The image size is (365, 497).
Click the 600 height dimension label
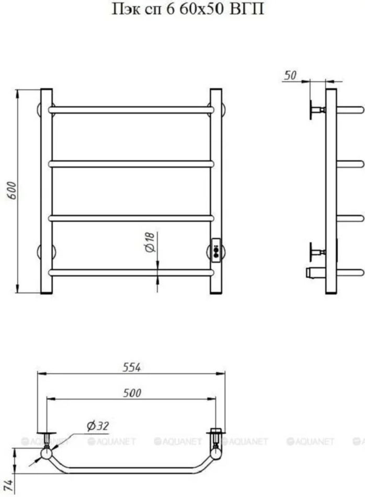(12, 190)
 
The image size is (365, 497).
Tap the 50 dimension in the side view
(290, 75)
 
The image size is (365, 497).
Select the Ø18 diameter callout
(150, 242)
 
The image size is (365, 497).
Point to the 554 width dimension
(131, 367)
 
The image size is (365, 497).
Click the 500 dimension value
(132, 393)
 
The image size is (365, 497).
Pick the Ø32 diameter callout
(98, 426)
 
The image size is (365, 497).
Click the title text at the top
(188, 9)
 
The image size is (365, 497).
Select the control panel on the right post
(216, 250)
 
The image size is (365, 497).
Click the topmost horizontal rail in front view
(131, 110)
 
